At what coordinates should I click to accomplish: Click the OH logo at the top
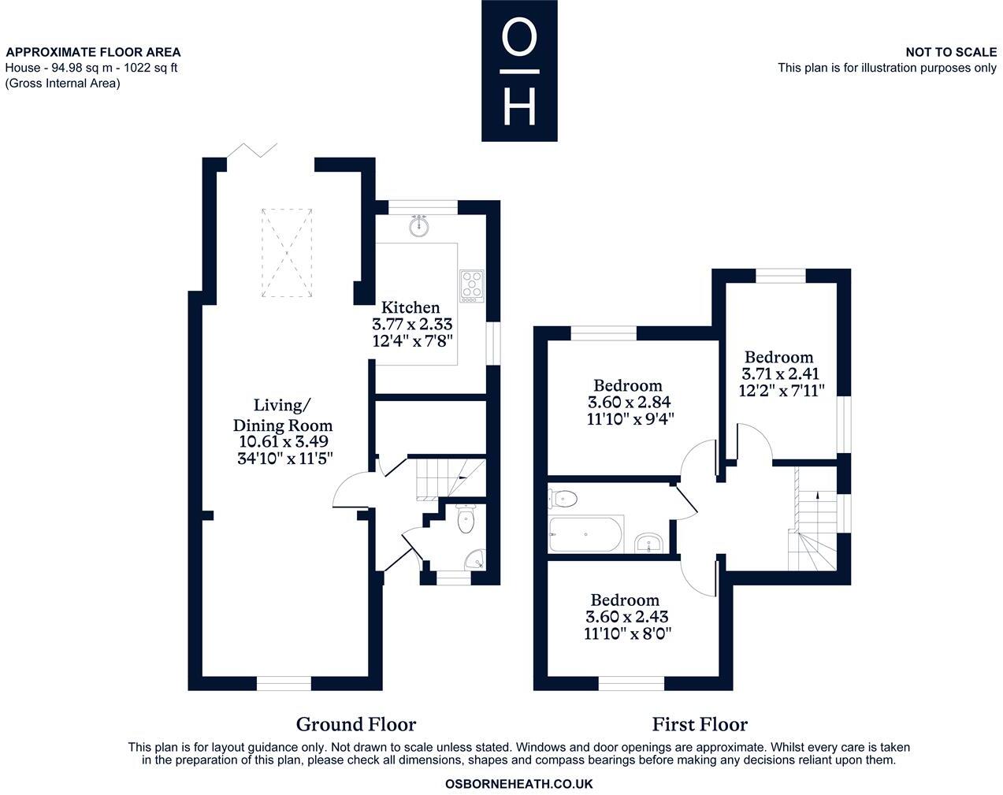pyautogui.click(x=519, y=71)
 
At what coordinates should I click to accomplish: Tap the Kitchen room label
pyautogui.click(x=410, y=307)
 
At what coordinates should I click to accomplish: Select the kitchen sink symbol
pyautogui.click(x=420, y=227)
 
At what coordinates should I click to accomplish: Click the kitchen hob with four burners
pyautogui.click(x=472, y=285)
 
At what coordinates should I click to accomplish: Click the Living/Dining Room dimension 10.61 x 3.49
pyautogui.click(x=283, y=442)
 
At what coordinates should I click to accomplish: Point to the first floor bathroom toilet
pyautogui.click(x=564, y=498)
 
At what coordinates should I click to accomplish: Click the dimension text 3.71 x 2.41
pyautogui.click(x=779, y=373)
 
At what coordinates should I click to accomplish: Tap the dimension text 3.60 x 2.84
pyautogui.click(x=629, y=402)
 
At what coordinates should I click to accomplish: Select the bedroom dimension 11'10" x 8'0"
pyautogui.click(x=629, y=633)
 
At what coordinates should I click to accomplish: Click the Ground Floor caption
pyautogui.click(x=355, y=724)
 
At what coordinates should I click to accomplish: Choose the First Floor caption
pyautogui.click(x=700, y=724)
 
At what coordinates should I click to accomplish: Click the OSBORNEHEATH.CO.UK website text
pyautogui.click(x=518, y=784)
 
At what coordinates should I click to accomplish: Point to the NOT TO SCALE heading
pyautogui.click(x=951, y=52)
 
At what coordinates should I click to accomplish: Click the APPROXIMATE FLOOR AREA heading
pyautogui.click(x=93, y=52)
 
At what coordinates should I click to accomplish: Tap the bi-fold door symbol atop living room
pyautogui.click(x=251, y=150)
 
